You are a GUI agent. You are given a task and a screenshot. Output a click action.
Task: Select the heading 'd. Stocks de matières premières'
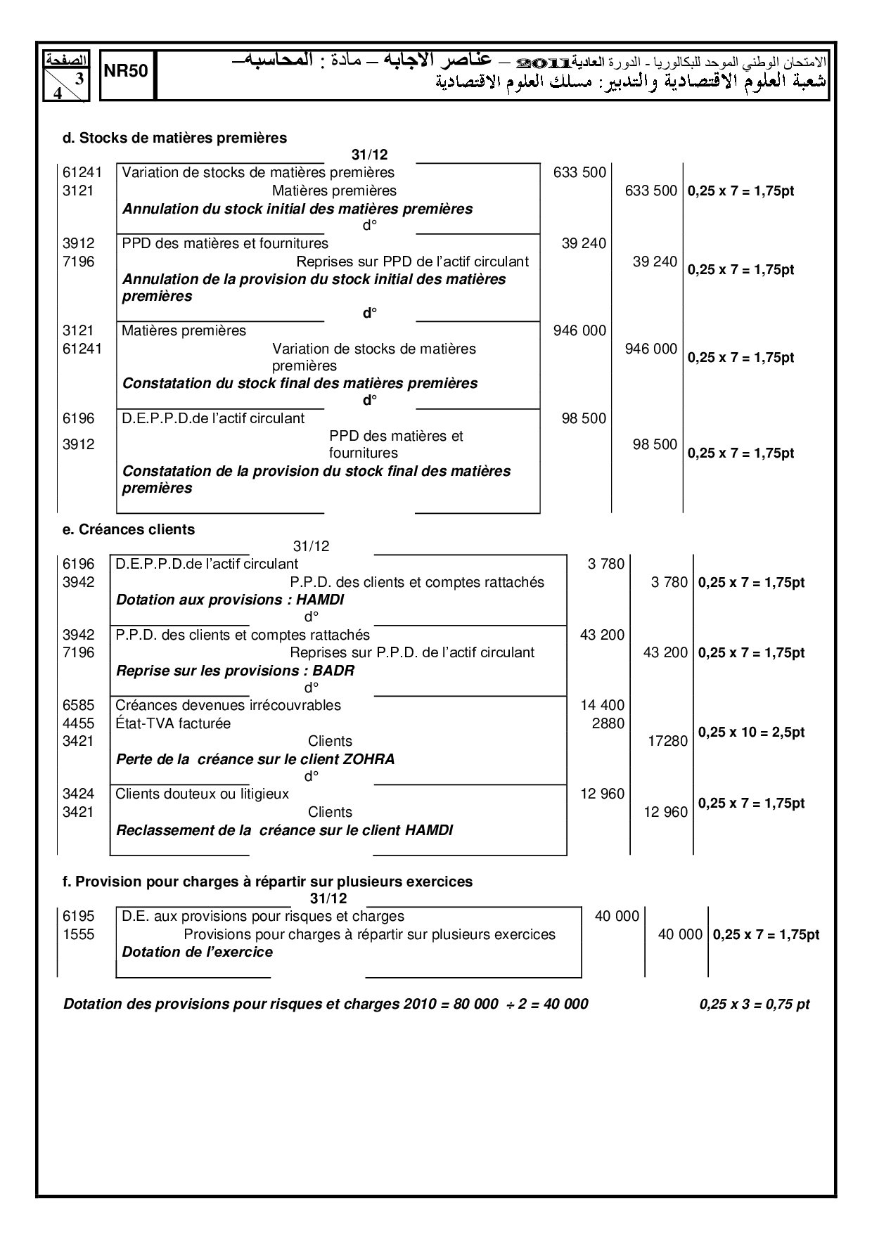click(175, 138)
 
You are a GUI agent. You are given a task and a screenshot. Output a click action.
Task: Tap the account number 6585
click(78, 705)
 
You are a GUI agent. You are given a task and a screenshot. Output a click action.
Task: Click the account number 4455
click(78, 723)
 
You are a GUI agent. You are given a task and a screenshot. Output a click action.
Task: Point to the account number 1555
click(78, 934)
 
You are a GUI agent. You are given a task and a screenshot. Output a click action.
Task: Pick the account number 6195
click(78, 916)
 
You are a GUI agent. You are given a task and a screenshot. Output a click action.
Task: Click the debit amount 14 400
click(602, 705)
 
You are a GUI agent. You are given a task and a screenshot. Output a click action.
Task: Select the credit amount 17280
click(667, 741)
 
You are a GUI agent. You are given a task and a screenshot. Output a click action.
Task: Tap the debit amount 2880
click(608, 723)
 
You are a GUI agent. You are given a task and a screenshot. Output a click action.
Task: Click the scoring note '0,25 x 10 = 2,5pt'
click(751, 732)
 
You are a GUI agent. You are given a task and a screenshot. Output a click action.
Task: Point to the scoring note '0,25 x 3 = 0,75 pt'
click(755, 1004)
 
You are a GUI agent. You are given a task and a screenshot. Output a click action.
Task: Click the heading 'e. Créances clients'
click(129, 529)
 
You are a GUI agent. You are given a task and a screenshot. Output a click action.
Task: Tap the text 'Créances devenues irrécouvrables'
click(228, 705)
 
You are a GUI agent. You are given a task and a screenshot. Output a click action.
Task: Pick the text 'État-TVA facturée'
click(173, 723)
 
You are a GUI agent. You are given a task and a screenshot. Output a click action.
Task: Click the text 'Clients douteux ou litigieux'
click(202, 794)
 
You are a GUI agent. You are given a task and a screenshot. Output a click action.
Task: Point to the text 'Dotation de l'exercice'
click(197, 952)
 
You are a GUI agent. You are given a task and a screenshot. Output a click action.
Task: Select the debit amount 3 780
click(605, 564)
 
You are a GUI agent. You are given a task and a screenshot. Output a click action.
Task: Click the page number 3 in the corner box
click(79, 79)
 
